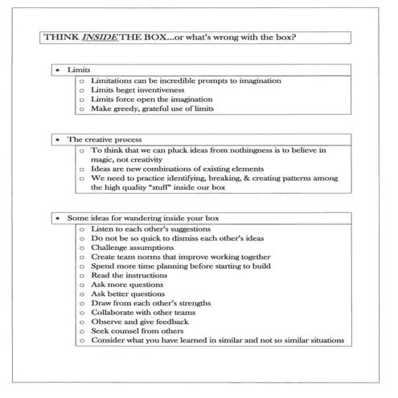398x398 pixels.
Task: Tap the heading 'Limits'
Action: (x=79, y=71)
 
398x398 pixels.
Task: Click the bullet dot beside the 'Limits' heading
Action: (x=56, y=71)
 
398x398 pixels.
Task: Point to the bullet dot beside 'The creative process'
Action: (x=56, y=140)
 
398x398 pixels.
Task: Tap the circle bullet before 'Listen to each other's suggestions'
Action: (x=82, y=229)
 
